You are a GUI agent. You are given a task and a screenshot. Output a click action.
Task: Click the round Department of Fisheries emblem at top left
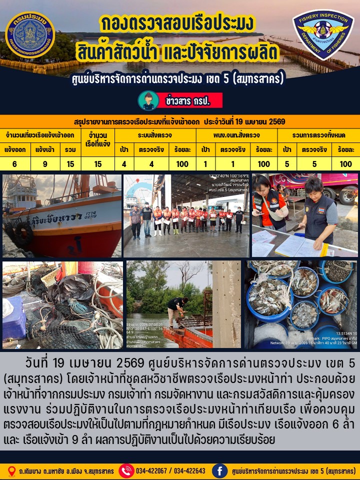pos(30,35)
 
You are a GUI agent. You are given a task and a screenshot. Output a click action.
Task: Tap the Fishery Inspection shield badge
pos(323,34)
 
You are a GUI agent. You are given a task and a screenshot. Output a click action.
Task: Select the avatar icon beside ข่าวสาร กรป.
pos(148,100)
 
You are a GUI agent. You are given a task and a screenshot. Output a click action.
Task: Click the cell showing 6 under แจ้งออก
pos(14,163)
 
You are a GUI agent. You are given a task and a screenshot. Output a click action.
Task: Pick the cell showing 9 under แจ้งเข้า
pos(45,163)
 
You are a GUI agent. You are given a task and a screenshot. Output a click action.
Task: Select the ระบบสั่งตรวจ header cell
pos(155,135)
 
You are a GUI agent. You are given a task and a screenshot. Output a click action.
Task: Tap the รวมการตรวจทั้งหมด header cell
pos(318,135)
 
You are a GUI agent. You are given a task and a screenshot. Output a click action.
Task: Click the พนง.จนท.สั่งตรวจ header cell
pos(236,135)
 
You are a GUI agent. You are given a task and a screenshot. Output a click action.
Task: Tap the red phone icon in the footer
pos(126,470)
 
